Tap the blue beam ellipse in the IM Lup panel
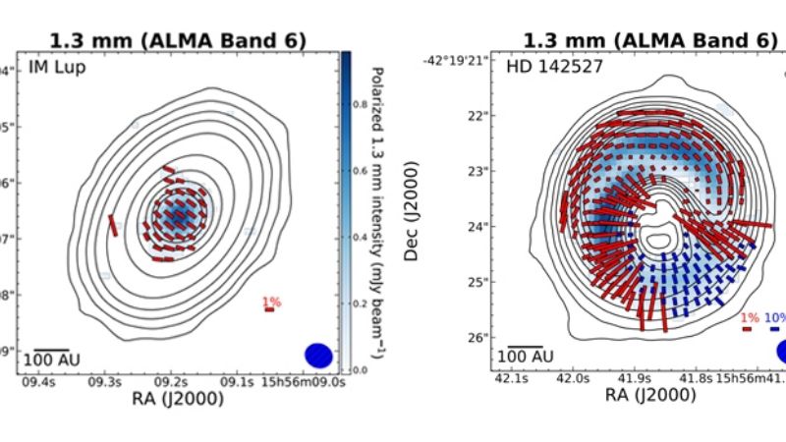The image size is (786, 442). tap(319, 356)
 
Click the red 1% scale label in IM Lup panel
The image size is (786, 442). tap(269, 300)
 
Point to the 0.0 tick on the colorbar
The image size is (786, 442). tap(364, 370)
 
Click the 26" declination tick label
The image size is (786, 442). tap(478, 337)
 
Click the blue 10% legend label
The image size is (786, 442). tap(775, 318)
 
